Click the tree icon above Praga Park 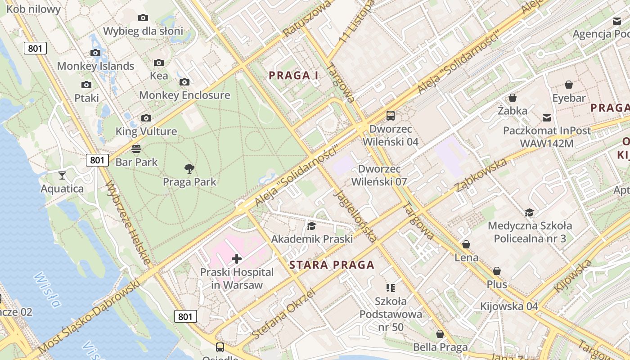coord(189,169)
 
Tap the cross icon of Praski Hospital coord(236,259)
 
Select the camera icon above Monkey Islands coord(95,53)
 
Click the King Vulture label coord(146,131)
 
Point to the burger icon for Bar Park coord(136,148)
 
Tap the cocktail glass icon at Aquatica coord(62,175)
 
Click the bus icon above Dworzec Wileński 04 coord(390,116)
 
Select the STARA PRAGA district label coord(332,265)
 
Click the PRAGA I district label coord(293,76)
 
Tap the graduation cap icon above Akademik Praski coord(311,226)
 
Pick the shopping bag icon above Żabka coord(512,98)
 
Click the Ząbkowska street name coord(481,175)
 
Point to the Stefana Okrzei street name coord(283,315)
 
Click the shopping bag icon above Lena coord(466,244)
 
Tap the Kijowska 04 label coord(509,306)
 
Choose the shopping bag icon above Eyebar coord(569,85)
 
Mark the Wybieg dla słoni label coord(143,31)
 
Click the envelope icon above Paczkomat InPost coord(546,118)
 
